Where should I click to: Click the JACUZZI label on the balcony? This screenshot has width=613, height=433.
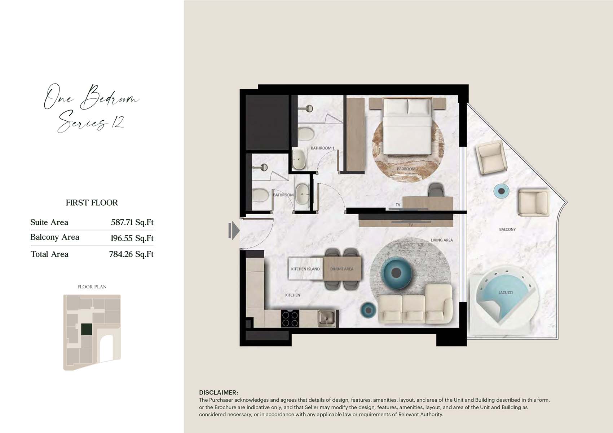click(x=506, y=293)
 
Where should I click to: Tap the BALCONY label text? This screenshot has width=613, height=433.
click(x=507, y=229)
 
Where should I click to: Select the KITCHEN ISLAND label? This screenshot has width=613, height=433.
click(x=305, y=269)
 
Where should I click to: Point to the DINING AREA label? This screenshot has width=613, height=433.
click(x=341, y=269)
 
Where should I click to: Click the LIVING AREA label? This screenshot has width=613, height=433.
click(x=442, y=240)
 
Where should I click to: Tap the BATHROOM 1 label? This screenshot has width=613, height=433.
click(x=322, y=148)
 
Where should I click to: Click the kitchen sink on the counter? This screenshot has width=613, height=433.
click(x=326, y=319)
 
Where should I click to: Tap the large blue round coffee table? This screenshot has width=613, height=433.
click(x=396, y=272)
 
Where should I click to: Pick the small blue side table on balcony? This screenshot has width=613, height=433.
click(x=501, y=191)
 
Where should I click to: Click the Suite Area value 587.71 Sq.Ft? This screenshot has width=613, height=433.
click(x=132, y=222)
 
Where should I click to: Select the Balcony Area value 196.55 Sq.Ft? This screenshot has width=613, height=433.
click(x=132, y=238)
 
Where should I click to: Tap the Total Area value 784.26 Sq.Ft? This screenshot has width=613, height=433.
click(x=131, y=254)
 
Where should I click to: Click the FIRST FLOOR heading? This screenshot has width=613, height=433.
click(x=92, y=202)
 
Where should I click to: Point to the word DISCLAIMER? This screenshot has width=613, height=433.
click(x=219, y=393)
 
